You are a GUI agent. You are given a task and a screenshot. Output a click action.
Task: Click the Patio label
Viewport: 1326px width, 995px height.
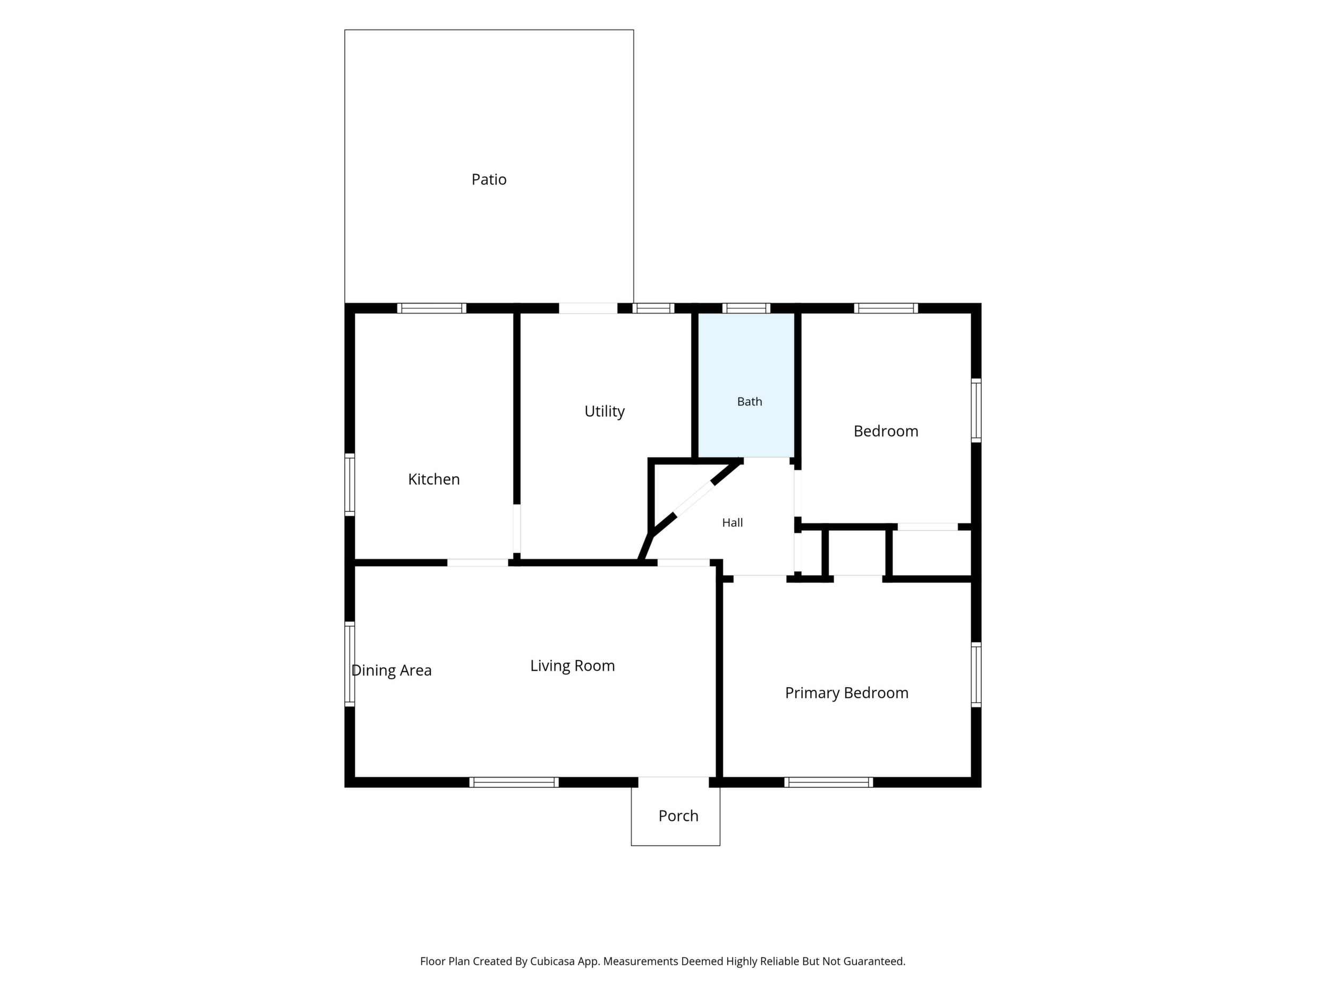click(489, 179)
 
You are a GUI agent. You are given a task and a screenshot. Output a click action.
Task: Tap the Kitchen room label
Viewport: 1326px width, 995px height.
click(433, 479)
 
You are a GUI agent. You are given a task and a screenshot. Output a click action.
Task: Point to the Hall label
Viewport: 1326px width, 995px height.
click(732, 523)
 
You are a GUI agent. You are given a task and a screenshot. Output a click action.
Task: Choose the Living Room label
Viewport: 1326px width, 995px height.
click(573, 666)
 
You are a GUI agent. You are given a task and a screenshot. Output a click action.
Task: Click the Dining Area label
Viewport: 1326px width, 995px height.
click(392, 671)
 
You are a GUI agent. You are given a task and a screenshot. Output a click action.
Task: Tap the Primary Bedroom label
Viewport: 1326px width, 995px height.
click(846, 693)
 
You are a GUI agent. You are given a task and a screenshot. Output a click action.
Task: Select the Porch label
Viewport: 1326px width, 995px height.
click(678, 816)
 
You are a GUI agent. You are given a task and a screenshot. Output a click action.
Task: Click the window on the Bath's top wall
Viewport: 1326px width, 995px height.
click(746, 308)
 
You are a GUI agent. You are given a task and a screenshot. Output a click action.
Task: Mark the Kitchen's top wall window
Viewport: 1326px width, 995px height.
click(431, 308)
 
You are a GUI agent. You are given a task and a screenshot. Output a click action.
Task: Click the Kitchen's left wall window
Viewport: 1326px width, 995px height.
click(350, 485)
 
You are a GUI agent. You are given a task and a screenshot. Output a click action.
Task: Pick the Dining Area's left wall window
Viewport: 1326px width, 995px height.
click(350, 664)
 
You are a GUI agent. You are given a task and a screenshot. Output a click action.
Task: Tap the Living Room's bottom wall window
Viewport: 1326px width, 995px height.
click(514, 782)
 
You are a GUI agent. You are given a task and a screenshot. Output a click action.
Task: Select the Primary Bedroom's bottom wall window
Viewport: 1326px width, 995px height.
click(828, 782)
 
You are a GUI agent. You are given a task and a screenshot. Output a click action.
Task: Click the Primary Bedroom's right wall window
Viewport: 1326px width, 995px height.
click(976, 674)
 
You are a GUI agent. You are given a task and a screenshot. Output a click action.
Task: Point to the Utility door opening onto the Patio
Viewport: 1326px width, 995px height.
click(588, 308)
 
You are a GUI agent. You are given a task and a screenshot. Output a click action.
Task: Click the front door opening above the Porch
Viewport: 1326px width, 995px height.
click(674, 782)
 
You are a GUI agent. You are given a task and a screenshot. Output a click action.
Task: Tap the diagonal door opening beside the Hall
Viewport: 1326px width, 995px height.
click(694, 500)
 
